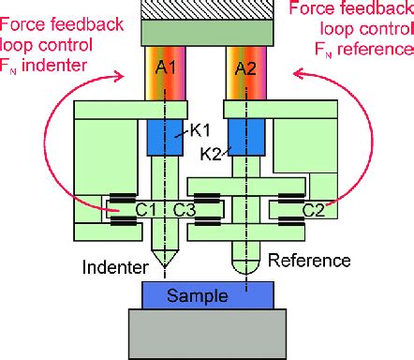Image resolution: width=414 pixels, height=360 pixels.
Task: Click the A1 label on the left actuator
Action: pyautogui.click(x=166, y=67)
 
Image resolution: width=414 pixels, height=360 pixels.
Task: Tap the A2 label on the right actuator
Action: pyautogui.click(x=245, y=68)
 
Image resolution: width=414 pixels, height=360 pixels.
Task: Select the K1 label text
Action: pyautogui.click(x=200, y=130)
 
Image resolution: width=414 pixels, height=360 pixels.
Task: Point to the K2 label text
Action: pyautogui.click(x=211, y=154)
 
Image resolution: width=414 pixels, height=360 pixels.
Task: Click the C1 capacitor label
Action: pyautogui.click(x=146, y=209)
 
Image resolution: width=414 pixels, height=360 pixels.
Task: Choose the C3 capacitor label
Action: pyautogui.click(x=185, y=209)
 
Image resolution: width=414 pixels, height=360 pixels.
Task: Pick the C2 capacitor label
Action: pyautogui.click(x=314, y=210)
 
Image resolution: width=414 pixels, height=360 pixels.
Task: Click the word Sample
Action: pyautogui.click(x=198, y=295)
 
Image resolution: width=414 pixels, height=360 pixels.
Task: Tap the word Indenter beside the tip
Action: pyautogui.click(x=115, y=267)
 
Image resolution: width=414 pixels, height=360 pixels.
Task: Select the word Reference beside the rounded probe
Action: pyautogui.click(x=309, y=260)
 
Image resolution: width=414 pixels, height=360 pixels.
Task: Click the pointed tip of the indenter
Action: pyautogui.click(x=165, y=268)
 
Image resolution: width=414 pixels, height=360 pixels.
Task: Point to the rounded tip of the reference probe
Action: pyautogui.click(x=246, y=274)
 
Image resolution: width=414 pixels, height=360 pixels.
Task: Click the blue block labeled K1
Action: pyautogui.click(x=165, y=138)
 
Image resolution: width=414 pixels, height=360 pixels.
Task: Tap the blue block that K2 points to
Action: pyautogui.click(x=246, y=138)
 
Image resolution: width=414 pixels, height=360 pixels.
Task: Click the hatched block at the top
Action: pyautogui.click(x=207, y=9)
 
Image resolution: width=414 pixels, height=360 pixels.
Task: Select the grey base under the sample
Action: pyautogui.click(x=207, y=334)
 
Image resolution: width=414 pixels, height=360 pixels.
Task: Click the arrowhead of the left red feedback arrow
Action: pyautogui.click(x=120, y=76)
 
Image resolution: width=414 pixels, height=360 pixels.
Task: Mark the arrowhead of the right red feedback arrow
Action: pyautogui.click(x=298, y=74)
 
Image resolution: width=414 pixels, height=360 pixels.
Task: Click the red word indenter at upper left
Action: pyautogui.click(x=54, y=66)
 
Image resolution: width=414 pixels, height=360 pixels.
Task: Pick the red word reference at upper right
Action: pyautogui.click(x=376, y=49)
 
